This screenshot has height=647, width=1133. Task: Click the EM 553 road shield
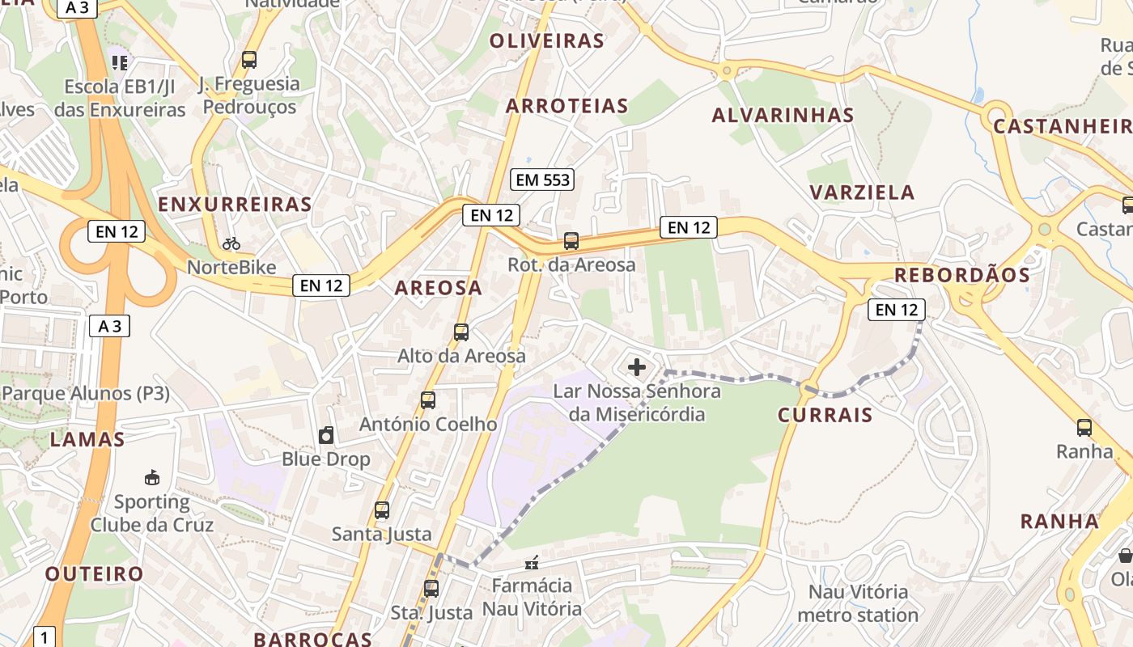click(x=542, y=180)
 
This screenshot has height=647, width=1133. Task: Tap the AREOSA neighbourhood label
click(x=438, y=288)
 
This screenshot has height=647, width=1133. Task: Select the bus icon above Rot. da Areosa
click(x=571, y=240)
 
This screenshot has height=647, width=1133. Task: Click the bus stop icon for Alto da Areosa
click(x=461, y=332)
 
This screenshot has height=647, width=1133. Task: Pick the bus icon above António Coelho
click(x=428, y=400)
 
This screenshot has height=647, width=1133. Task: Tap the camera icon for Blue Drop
click(x=326, y=435)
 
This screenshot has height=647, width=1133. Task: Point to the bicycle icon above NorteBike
click(x=231, y=243)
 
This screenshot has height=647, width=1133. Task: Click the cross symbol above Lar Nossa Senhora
click(x=637, y=367)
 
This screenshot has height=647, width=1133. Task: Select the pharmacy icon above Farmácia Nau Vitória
click(x=532, y=562)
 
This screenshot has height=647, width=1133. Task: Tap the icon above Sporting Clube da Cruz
click(x=151, y=477)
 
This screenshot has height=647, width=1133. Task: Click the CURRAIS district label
click(x=825, y=415)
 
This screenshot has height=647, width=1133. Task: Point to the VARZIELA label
click(x=862, y=192)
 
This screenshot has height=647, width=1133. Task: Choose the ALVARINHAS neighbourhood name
click(x=783, y=116)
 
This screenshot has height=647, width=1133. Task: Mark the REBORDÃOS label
click(x=961, y=275)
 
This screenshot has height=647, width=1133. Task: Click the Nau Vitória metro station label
click(x=858, y=603)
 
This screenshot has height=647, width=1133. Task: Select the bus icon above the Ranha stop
click(x=1084, y=427)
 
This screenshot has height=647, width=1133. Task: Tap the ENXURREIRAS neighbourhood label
click(x=235, y=205)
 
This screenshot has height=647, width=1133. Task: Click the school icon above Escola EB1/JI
click(x=120, y=62)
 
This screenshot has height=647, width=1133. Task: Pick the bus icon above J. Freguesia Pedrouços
click(x=249, y=59)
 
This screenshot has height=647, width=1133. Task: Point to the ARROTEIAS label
click(x=566, y=106)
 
